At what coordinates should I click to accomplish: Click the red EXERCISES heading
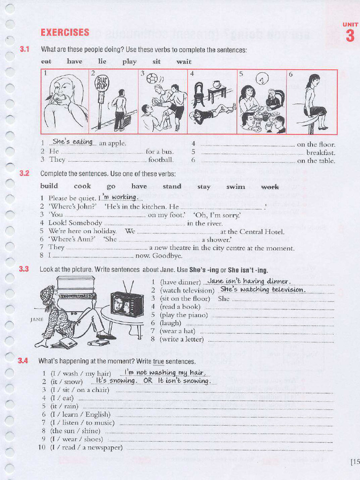[65, 32]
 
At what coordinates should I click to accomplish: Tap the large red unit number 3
[350, 36]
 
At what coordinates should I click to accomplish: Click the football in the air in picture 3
[152, 78]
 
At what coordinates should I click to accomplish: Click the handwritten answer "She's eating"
[73, 142]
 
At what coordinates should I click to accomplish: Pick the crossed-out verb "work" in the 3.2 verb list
[270, 187]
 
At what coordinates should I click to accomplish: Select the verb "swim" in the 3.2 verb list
[236, 187]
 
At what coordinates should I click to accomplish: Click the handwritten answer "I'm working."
[120, 197]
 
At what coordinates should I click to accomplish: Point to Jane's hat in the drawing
[47, 295]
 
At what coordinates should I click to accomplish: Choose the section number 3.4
[23, 360]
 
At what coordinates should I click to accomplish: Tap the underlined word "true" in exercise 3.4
[158, 361]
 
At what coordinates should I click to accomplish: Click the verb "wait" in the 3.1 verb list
[184, 61]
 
